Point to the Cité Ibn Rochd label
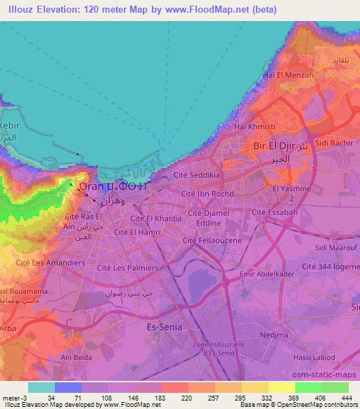click(207, 193)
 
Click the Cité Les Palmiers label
click(128, 268)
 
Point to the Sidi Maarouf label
click(333, 247)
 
